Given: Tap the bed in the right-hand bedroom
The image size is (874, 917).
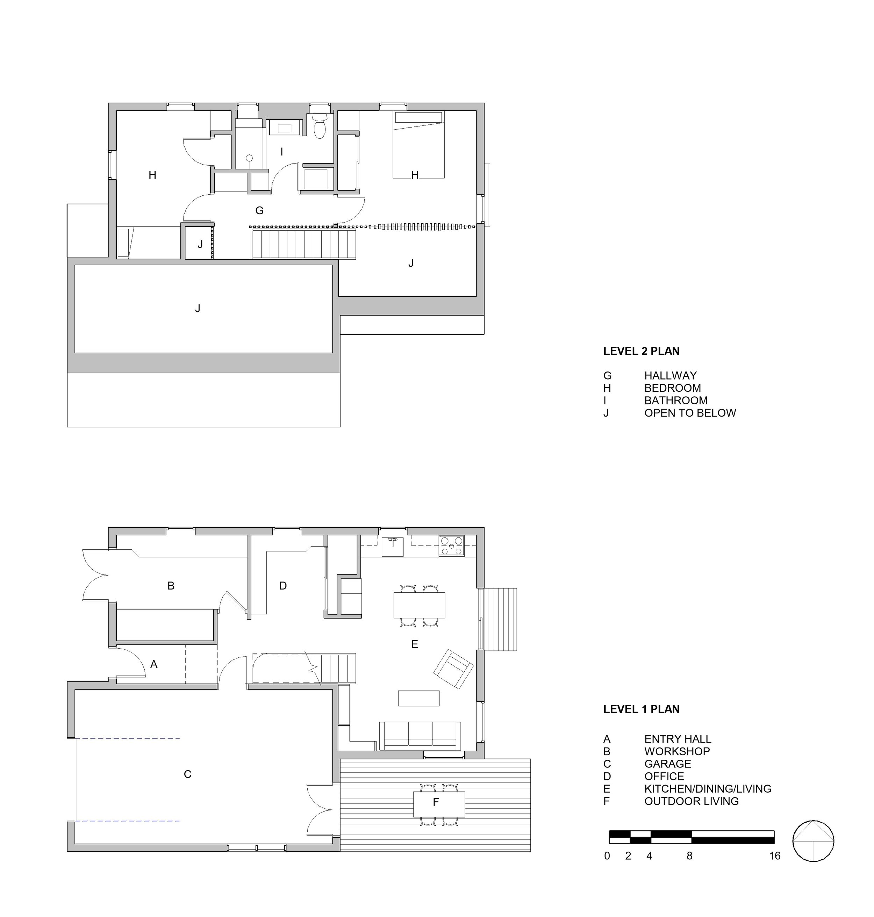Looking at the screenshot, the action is (x=418, y=144).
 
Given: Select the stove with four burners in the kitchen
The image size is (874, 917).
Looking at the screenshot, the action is (x=451, y=546).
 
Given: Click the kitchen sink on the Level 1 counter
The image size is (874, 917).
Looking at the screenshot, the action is (x=393, y=546).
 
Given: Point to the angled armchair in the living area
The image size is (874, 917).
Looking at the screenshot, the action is (x=454, y=669).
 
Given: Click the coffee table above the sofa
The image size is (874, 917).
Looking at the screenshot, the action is (x=419, y=698).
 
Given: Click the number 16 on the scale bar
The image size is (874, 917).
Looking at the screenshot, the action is (x=775, y=855).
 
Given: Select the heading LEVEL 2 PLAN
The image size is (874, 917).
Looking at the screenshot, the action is (x=641, y=351).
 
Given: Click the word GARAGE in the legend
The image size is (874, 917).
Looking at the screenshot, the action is (x=668, y=764).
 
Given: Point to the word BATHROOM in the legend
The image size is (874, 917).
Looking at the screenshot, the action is (x=676, y=400).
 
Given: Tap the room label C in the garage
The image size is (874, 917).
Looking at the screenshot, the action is (x=188, y=774).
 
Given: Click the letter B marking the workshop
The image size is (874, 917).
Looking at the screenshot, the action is (x=171, y=586).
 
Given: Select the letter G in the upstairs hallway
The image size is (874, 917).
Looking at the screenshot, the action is (x=259, y=210).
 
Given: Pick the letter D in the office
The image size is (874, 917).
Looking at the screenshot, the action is (x=283, y=586).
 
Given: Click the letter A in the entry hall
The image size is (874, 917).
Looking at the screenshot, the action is (x=154, y=665).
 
